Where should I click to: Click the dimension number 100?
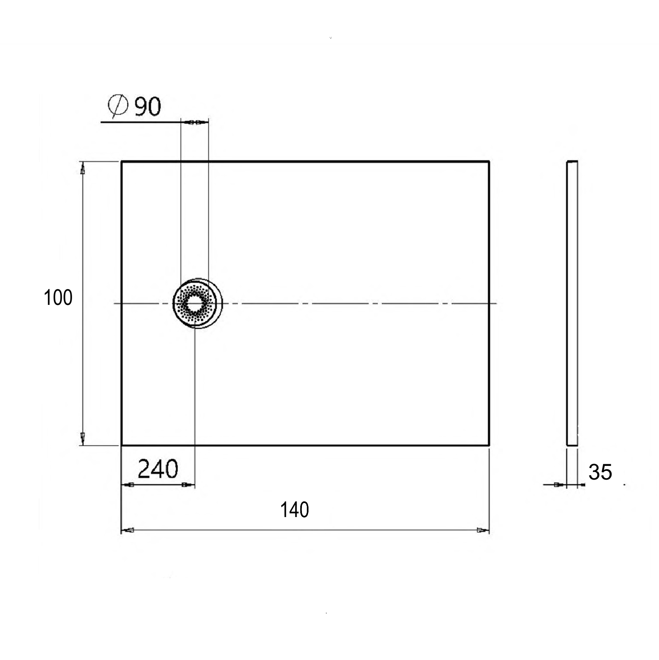tap(58, 297)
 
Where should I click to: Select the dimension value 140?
tap(294, 510)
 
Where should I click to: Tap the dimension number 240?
tap(158, 469)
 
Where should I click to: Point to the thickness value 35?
tap(600, 472)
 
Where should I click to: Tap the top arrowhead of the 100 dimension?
tap(83, 168)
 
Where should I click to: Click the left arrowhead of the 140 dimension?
tap(128, 530)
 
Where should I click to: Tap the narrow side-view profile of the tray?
tap(572, 303)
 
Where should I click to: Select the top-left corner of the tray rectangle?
tap(122, 161)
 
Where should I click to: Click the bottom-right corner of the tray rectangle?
tap(489, 445)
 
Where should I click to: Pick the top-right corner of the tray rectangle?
tap(489, 161)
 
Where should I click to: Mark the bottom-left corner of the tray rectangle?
tap(122, 445)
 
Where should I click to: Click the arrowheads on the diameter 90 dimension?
tap(194, 122)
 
